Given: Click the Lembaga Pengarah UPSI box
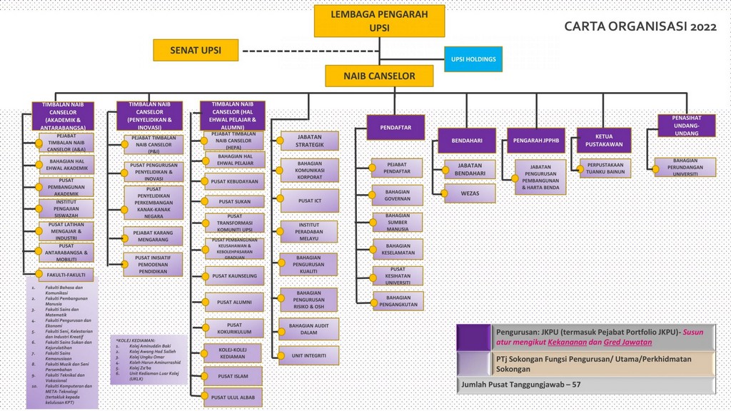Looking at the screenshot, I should [x=379, y=21].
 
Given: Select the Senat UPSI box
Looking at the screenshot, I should [x=195, y=51].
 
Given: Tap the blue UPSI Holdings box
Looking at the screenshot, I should [x=473, y=59].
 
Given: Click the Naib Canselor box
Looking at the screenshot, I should [x=379, y=76].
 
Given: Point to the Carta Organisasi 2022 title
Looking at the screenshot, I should [x=640, y=27].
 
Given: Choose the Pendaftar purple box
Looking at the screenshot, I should [x=395, y=127].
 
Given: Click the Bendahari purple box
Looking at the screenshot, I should [x=466, y=141].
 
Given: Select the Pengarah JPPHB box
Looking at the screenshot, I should [x=535, y=141].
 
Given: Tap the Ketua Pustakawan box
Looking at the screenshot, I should [x=604, y=141].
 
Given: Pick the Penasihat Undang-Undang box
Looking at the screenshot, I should [x=682, y=126].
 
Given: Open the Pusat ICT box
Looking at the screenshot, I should [x=309, y=201].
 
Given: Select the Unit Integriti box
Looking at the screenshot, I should [x=309, y=355].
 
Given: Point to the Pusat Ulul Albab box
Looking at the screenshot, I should [x=233, y=397].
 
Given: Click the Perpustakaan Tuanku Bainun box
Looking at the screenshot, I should [x=605, y=168].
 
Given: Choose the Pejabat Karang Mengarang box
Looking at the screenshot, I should [x=153, y=236].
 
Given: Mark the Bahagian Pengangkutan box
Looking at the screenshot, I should [x=398, y=301].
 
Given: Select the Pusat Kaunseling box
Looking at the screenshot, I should [x=234, y=275].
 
